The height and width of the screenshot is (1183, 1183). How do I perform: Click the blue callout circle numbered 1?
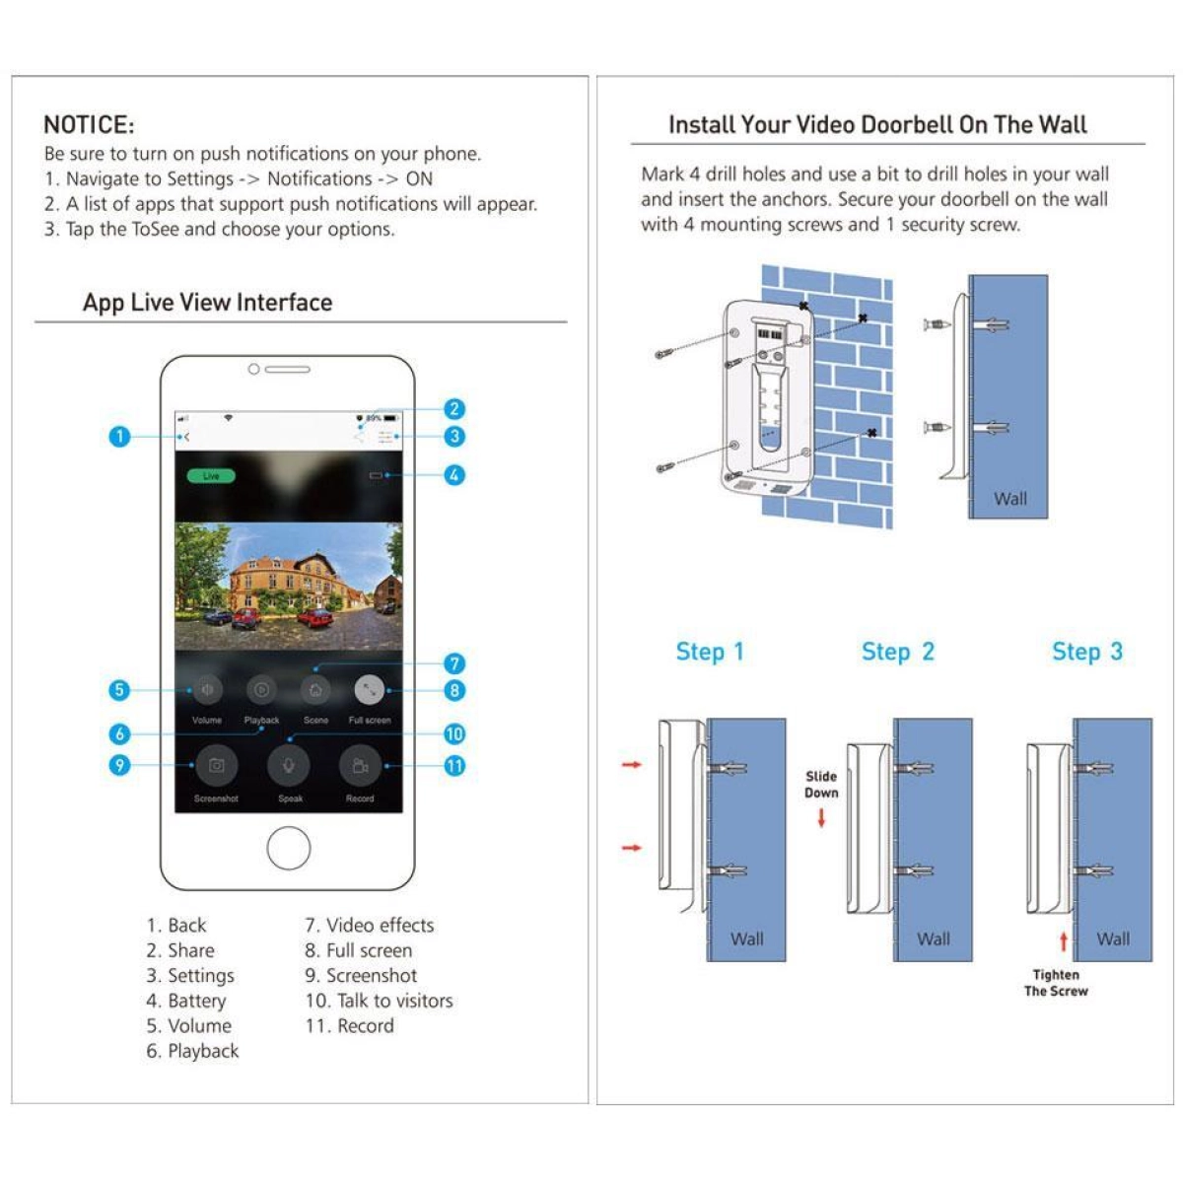[x=119, y=436]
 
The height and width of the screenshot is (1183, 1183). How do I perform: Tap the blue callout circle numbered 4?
[x=453, y=475]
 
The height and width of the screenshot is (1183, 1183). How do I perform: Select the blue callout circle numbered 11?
[x=453, y=766]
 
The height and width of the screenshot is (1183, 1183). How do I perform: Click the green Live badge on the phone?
[x=210, y=476]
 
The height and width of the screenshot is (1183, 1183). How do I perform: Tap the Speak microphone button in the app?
[x=289, y=765]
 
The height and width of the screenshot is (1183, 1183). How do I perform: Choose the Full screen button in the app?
[x=369, y=690]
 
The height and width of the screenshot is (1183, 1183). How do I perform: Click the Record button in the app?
[x=360, y=766]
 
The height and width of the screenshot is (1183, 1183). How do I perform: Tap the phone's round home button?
[x=289, y=847]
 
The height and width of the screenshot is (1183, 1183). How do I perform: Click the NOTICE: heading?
[x=89, y=125]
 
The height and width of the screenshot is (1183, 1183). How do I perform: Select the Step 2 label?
[x=897, y=652]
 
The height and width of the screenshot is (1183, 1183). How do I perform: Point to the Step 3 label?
[x=1086, y=652]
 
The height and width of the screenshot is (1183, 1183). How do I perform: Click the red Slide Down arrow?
[x=821, y=817]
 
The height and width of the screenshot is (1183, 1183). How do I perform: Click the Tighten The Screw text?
[x=1056, y=983]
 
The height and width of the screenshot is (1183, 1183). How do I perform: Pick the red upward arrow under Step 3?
[x=1064, y=941]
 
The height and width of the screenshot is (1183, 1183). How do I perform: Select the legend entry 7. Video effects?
[x=369, y=925]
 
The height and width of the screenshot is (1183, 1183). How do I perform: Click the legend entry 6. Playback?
[x=192, y=1051]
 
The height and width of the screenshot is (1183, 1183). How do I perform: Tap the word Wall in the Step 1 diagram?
[x=746, y=939]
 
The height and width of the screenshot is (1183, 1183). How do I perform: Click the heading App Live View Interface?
[x=207, y=303]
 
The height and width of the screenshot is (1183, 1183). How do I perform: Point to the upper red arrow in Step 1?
[x=632, y=764]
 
